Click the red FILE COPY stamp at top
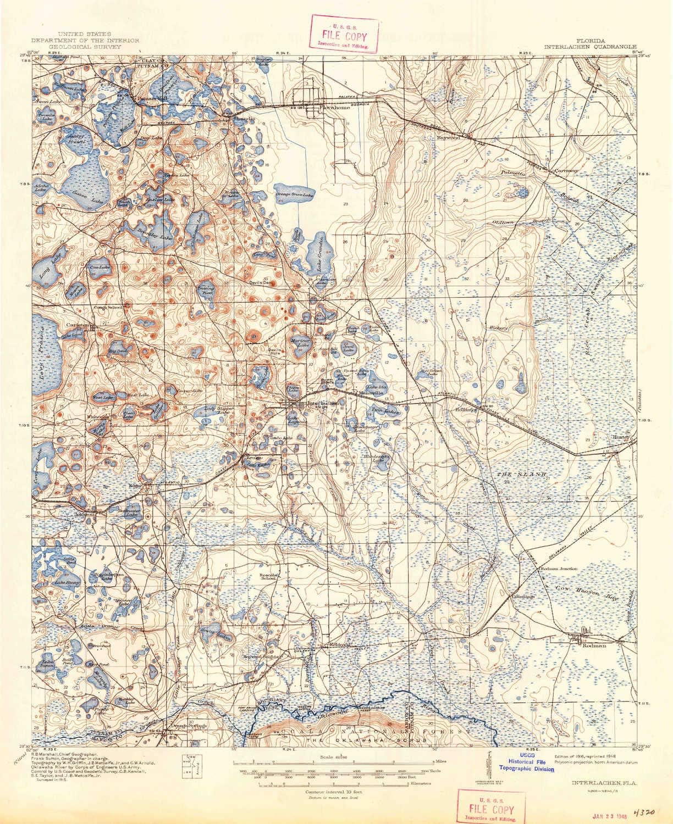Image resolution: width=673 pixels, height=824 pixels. tap(346, 34)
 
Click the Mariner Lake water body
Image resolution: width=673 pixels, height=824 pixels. tap(301, 346)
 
